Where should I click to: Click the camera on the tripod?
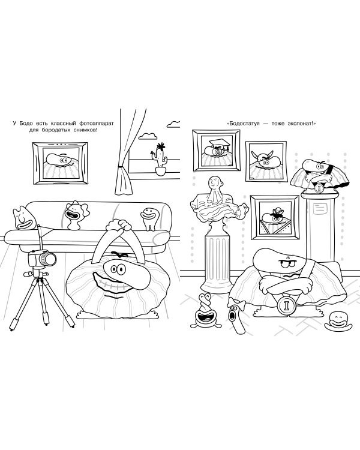coord(42,258)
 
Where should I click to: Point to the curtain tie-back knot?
coord(120,166)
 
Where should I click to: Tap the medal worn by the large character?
coord(287,305)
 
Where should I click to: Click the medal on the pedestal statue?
coord(319,188)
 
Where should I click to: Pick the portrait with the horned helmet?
coord(266,161)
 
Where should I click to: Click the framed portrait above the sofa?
coord(60,163)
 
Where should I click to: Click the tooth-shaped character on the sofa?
coord(150,218)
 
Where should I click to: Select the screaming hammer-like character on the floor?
coord(235,315)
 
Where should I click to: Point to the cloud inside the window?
coord(148,136)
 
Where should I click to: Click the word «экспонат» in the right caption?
coord(300,124)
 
